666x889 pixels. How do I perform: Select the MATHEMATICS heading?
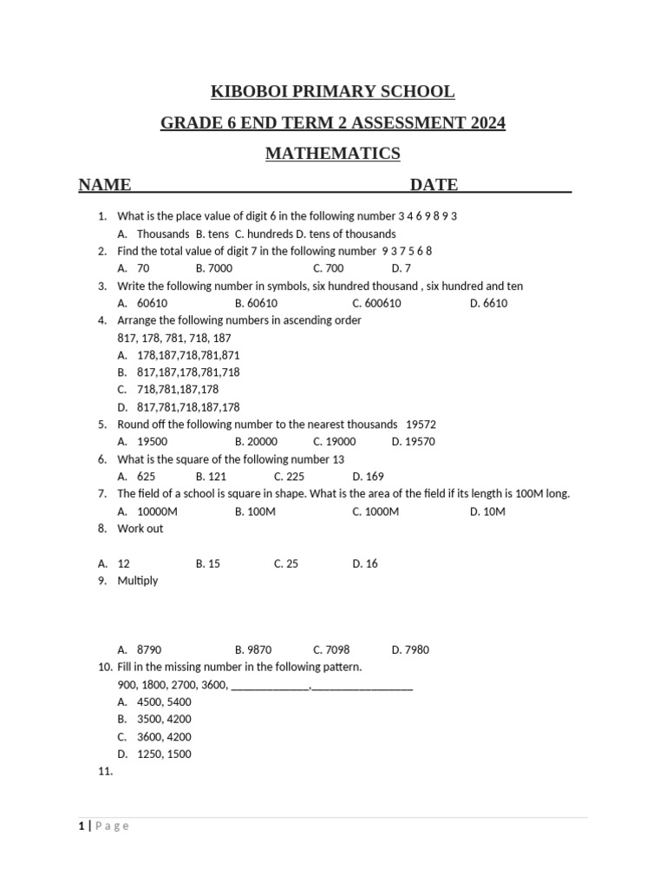tap(332, 154)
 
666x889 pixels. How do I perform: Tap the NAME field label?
tap(105, 184)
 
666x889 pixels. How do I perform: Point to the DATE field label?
tap(434, 184)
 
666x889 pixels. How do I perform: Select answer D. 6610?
tap(488, 303)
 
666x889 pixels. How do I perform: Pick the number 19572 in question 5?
tap(421, 425)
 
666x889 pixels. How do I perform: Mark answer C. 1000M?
tap(375, 511)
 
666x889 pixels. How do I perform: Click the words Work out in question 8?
tap(140, 529)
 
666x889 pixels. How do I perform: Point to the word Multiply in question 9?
tap(138, 581)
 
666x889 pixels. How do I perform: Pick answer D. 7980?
tap(410, 650)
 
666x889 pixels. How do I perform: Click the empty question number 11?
tap(106, 771)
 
